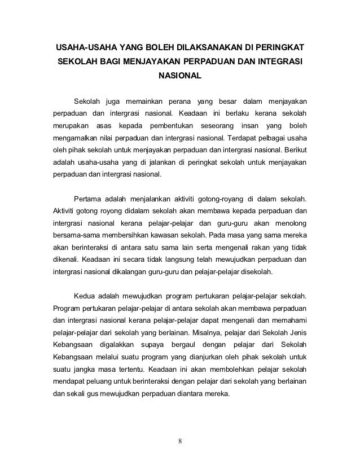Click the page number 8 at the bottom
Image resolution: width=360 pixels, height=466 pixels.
click(180, 441)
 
